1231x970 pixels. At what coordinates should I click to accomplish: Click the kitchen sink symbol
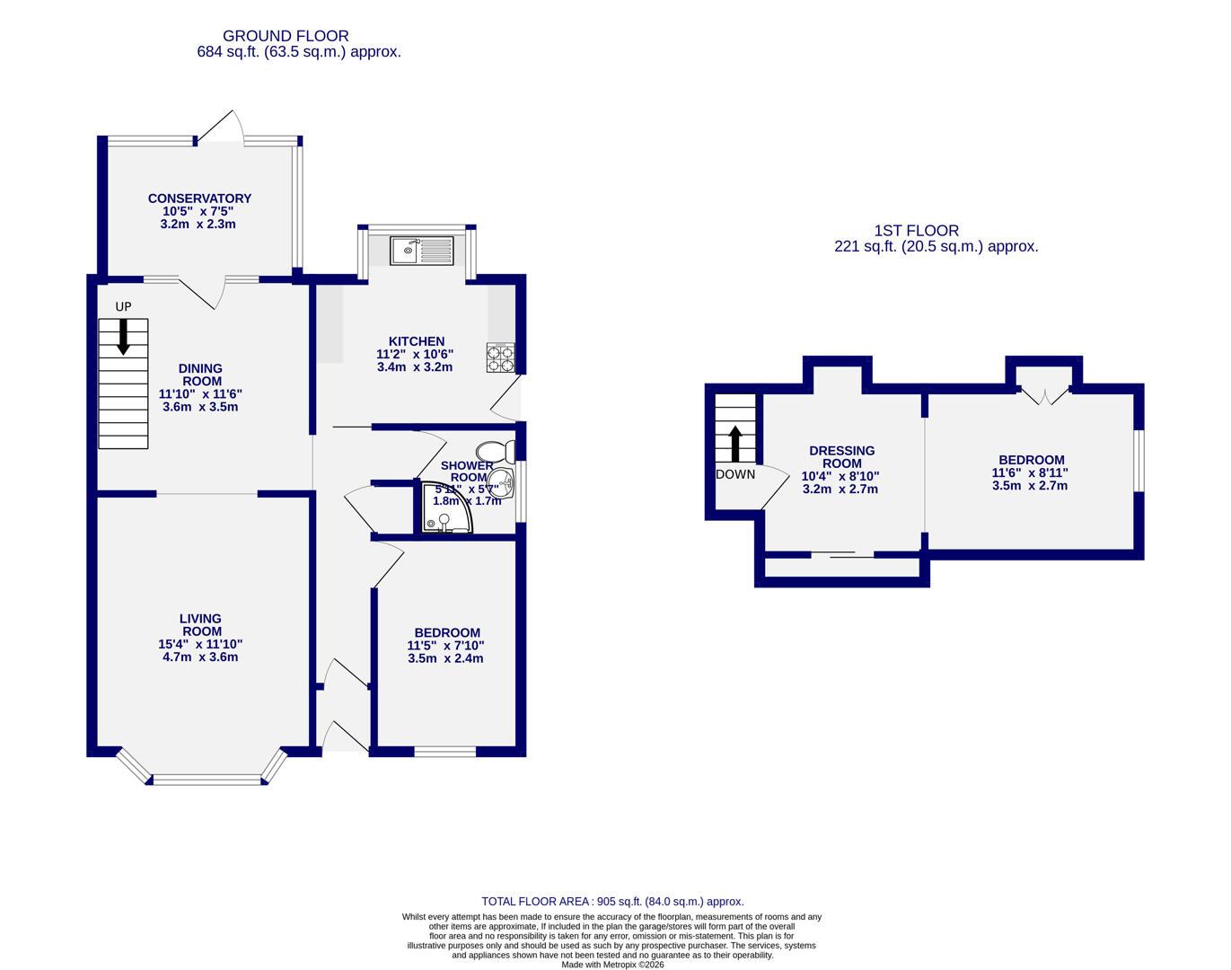[422, 250]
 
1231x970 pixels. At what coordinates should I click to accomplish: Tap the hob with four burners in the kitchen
[500, 358]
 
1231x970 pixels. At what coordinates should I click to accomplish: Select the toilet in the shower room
[495, 451]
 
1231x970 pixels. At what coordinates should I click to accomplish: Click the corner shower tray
[446, 508]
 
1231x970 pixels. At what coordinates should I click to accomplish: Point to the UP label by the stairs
[123, 307]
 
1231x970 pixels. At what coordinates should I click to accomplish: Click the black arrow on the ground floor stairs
[123, 336]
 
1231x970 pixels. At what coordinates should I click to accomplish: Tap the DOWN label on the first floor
[735, 474]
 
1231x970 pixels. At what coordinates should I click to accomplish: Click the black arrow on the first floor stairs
[735, 444]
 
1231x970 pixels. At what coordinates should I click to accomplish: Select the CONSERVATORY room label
[199, 198]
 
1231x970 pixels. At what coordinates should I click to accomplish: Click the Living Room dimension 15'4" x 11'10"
[200, 644]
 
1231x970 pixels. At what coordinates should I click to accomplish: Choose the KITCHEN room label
[416, 341]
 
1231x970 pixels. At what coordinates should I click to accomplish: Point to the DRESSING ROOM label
[841, 457]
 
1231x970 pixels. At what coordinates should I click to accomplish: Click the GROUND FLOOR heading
[286, 36]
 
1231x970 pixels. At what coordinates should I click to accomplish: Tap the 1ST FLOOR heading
[916, 231]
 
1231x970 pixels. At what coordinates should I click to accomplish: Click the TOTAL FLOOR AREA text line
[612, 902]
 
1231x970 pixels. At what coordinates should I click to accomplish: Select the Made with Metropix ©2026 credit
[612, 965]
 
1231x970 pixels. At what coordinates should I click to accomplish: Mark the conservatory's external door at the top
[221, 128]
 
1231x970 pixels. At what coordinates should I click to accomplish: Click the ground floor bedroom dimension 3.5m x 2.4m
[445, 658]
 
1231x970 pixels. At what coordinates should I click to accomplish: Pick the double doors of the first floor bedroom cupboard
[1045, 395]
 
